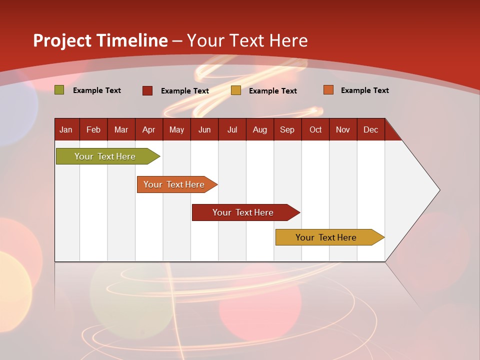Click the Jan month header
[66, 129]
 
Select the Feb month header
[93, 129]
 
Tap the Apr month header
[148, 129]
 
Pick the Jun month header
[204, 129]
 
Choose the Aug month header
[259, 129]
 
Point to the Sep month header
[287, 129]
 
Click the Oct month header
[315, 129]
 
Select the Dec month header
[370, 129]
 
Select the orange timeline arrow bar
[175, 184]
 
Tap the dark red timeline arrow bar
[244, 212]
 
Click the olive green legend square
[59, 90]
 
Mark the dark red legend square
[147, 90]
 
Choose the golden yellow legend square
[236, 90]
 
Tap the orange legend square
[328, 90]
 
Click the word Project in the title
[62, 40]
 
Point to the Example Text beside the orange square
[364, 90]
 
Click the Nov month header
[343, 129]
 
